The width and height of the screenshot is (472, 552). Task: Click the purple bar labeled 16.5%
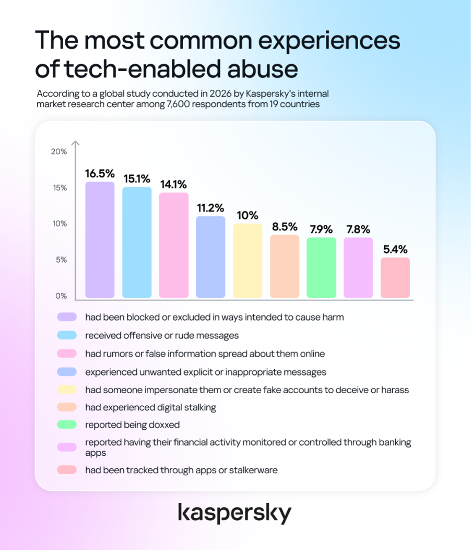click(x=100, y=240)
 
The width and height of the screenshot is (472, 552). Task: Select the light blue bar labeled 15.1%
click(x=137, y=242)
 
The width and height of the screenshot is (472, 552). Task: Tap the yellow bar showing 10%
click(x=248, y=261)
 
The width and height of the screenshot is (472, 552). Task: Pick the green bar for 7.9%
click(x=321, y=267)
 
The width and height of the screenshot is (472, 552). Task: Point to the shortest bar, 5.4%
click(x=395, y=278)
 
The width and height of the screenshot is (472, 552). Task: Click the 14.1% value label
click(x=173, y=184)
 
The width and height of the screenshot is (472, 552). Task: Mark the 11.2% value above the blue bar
click(x=210, y=208)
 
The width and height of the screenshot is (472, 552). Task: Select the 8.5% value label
click(x=285, y=227)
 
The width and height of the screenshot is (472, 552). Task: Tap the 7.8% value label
click(x=358, y=230)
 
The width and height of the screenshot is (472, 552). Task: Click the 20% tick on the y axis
click(x=59, y=152)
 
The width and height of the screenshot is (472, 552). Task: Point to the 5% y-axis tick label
click(x=61, y=260)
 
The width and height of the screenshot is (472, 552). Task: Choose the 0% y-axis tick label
click(x=61, y=296)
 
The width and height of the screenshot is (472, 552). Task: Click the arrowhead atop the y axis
click(x=75, y=143)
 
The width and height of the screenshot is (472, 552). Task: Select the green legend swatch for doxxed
click(x=67, y=425)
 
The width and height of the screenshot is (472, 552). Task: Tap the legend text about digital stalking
click(x=151, y=407)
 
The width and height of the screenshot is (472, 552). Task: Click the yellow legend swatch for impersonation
click(x=67, y=390)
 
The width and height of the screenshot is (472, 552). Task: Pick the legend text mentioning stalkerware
click(x=181, y=471)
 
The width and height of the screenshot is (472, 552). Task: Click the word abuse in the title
click(x=263, y=68)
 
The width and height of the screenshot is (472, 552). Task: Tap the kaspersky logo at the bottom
click(x=235, y=513)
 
